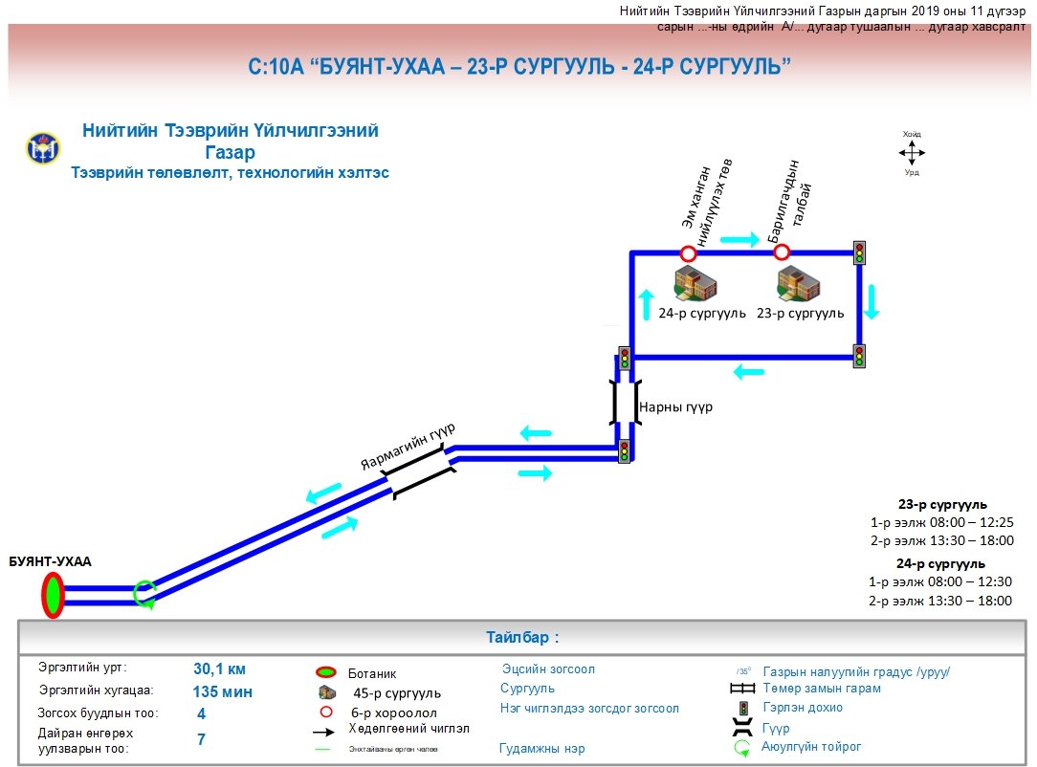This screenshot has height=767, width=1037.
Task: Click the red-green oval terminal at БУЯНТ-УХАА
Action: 52,595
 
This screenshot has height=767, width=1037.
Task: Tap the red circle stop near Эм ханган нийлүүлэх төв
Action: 687,253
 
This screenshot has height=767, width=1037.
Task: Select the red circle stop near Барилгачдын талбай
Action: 782,252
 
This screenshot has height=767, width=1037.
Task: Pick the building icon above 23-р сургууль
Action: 799,284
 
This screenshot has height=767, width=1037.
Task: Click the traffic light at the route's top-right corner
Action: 859,252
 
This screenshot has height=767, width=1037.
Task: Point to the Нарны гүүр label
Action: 675,406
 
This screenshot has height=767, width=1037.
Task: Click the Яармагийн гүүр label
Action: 407,446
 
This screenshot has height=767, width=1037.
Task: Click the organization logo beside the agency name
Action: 43,148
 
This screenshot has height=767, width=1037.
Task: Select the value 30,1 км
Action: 219,669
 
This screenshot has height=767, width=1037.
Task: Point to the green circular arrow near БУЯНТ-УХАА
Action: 144,593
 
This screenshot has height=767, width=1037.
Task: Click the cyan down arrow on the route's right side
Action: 872,301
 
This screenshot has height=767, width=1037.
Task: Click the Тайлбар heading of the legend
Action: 521,637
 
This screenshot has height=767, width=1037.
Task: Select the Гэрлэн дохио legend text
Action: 803,708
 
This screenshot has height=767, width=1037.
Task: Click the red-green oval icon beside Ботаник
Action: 327,673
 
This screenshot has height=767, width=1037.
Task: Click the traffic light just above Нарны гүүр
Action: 624,358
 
